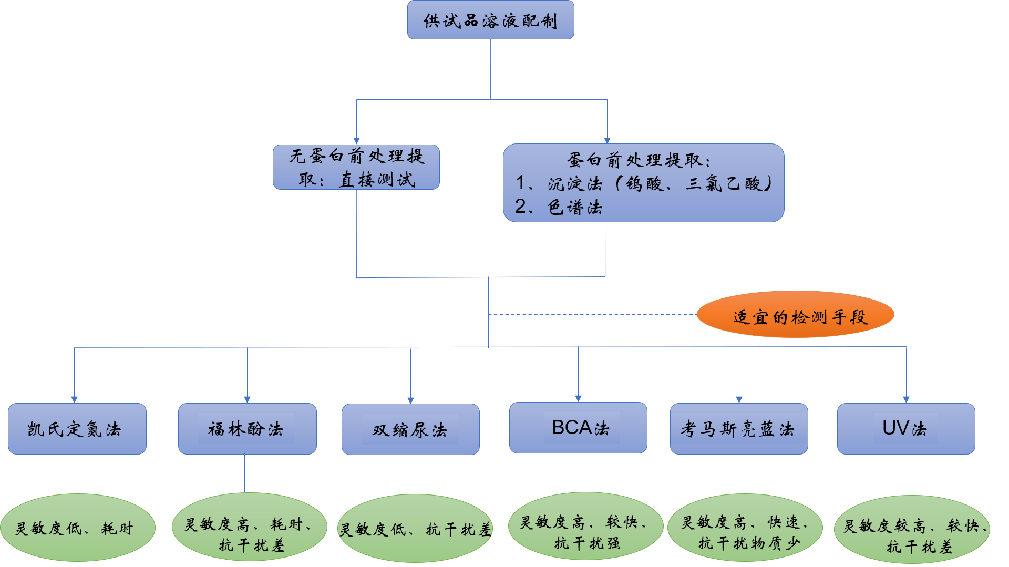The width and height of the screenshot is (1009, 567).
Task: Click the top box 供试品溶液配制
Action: click(490, 20)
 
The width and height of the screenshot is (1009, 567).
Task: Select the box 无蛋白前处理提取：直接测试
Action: click(356, 167)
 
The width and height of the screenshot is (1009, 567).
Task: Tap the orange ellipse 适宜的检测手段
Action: click(795, 315)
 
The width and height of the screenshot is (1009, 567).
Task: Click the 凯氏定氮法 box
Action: click(77, 429)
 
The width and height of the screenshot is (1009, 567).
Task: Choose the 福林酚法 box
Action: click(247, 429)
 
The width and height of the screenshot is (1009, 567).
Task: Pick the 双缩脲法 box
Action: click(410, 429)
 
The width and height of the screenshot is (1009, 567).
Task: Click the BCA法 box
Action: click(578, 428)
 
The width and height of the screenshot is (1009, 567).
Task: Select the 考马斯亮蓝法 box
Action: click(739, 429)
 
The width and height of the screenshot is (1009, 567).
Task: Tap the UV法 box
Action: click(906, 429)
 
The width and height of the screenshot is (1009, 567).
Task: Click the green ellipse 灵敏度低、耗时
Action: click(77, 528)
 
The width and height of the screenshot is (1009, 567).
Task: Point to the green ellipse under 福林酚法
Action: click(249, 528)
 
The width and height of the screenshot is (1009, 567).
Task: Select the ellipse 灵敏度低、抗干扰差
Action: click(415, 529)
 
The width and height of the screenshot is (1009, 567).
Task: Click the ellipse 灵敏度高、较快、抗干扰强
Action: click(585, 527)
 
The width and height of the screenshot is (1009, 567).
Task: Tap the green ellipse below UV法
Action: click(912, 530)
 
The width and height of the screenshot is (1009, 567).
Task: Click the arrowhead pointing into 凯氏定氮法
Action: click(74, 399)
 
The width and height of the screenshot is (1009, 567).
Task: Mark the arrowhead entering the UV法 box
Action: click(906, 399)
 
